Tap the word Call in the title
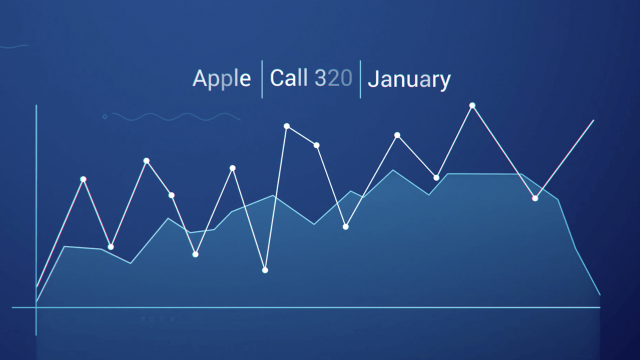click(289, 77)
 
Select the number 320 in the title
click(333, 77)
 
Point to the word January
click(409, 80)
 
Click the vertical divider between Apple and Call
click(262, 79)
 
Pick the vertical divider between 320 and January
click(360, 79)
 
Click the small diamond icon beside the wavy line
click(105, 116)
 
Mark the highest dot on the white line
click(472, 105)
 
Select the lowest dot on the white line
click(265, 270)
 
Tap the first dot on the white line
click(83, 179)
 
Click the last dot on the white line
click(535, 198)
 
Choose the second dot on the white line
click(111, 247)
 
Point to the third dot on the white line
click(146, 161)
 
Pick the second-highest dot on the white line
click(286, 126)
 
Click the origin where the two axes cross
click(36, 307)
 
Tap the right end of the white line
click(593, 120)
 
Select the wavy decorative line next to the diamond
click(176, 116)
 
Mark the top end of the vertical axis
click(36, 105)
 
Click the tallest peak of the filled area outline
click(393, 170)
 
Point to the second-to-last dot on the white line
click(472, 105)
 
